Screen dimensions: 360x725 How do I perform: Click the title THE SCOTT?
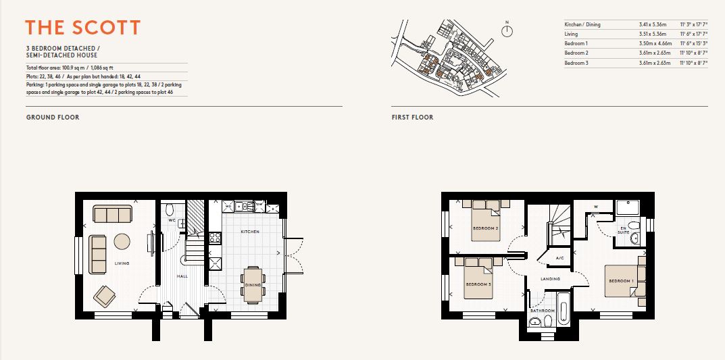click(x=83, y=28)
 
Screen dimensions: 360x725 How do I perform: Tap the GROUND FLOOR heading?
click(x=53, y=118)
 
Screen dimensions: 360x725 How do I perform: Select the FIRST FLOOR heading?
click(x=412, y=118)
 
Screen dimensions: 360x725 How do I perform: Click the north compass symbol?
click(x=507, y=31)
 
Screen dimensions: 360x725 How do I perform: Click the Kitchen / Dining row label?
click(x=582, y=24)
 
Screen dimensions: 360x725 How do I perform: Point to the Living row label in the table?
click(x=572, y=34)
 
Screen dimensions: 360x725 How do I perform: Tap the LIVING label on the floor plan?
click(x=122, y=263)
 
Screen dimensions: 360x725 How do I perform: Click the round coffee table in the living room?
click(x=122, y=241)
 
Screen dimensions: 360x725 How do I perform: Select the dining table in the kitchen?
click(x=253, y=282)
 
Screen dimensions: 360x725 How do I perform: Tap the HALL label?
click(x=182, y=276)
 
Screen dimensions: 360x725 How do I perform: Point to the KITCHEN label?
click(x=251, y=232)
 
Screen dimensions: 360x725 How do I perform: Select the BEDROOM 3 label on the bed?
click(x=476, y=284)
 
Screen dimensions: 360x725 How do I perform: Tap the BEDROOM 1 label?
click(x=620, y=281)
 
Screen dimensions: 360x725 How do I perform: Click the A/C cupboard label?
click(x=559, y=258)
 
